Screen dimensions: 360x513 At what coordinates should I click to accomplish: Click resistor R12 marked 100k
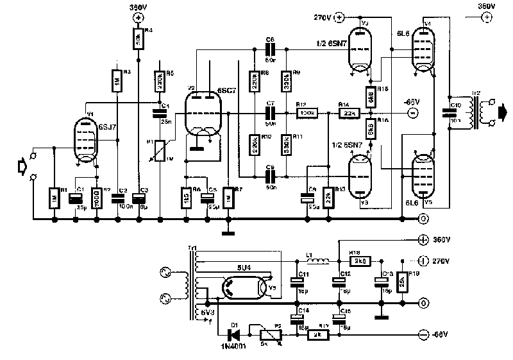tap(307, 114)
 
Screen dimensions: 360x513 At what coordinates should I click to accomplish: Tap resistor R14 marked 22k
tap(349, 114)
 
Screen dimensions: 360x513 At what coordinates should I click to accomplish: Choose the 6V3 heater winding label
tap(208, 313)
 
